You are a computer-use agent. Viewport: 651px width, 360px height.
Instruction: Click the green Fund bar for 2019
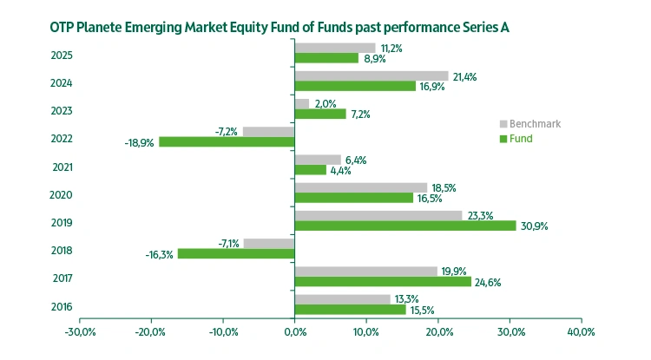tap(405, 226)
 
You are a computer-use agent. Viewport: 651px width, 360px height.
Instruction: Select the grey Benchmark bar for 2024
tap(372, 76)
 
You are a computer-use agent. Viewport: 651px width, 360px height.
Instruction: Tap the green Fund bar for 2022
tap(227, 141)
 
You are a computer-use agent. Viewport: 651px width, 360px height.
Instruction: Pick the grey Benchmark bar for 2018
tap(269, 243)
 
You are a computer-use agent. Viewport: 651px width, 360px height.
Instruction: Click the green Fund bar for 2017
tap(383, 281)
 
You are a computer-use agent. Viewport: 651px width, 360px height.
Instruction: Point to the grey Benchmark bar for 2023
tap(302, 104)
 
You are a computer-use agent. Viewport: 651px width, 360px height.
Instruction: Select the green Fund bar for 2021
tap(311, 170)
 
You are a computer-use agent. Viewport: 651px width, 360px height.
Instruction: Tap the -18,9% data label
tap(140, 142)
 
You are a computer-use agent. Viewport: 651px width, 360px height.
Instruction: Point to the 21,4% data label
tap(465, 76)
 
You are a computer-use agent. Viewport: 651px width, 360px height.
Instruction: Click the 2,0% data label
tap(325, 103)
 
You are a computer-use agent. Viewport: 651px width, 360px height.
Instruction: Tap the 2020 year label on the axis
tap(62, 195)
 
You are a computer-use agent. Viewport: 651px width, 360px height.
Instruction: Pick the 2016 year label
tap(62, 307)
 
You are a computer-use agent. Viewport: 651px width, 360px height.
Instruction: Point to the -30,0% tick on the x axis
tap(80, 332)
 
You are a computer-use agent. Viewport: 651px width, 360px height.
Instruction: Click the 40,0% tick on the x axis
tap(581, 332)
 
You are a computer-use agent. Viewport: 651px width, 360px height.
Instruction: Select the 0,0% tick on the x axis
tap(295, 332)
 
